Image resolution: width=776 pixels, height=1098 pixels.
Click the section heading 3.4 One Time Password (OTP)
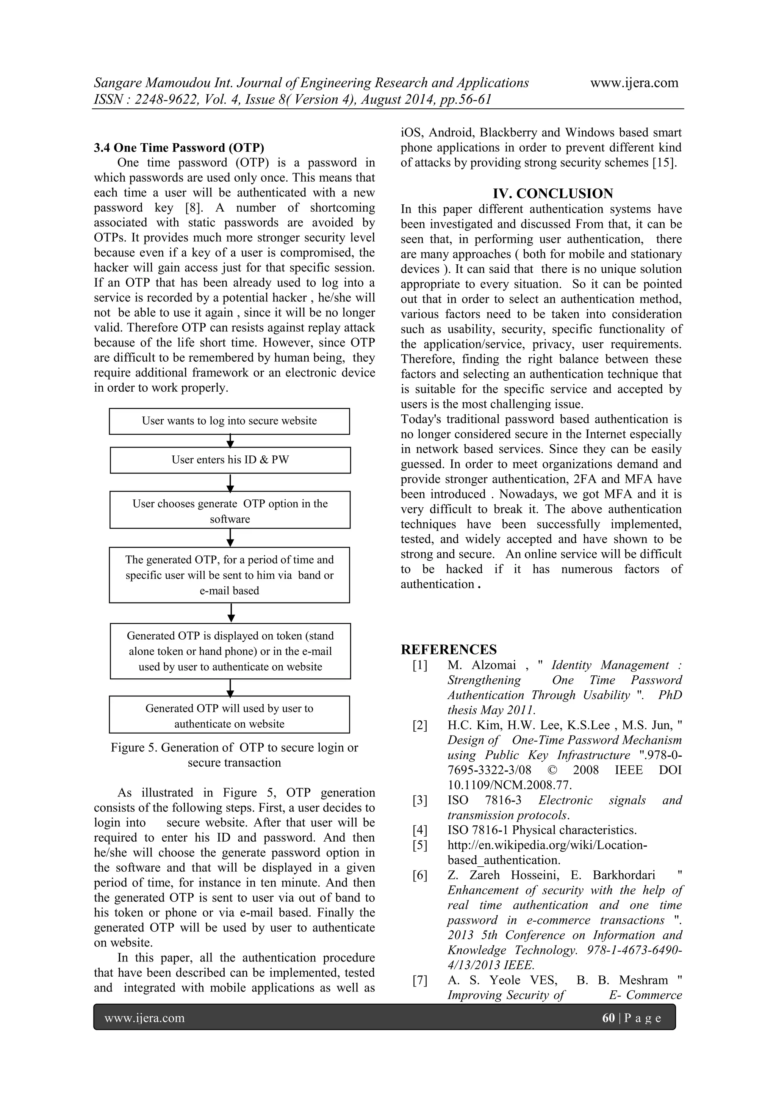coord(179,148)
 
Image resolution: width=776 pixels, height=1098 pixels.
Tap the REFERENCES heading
coord(448,649)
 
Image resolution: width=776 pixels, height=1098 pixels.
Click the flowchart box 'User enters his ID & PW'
coord(230,460)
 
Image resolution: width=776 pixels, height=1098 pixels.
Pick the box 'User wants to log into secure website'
coord(229,421)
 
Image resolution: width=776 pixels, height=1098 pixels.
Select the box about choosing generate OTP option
coord(230,510)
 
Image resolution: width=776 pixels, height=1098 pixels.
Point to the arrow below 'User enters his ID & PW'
coord(230,483)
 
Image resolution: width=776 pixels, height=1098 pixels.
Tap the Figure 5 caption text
coord(234,754)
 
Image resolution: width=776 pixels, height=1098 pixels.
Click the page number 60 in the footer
coord(608,1018)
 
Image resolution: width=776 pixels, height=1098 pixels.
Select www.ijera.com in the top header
coord(634,83)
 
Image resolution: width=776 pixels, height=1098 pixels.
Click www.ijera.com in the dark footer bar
coord(145,1018)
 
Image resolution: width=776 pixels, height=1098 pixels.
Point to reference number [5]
coord(420,845)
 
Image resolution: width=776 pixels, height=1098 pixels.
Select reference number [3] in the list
coord(420,800)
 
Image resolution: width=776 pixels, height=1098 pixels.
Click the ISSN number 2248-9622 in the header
coord(164,99)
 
